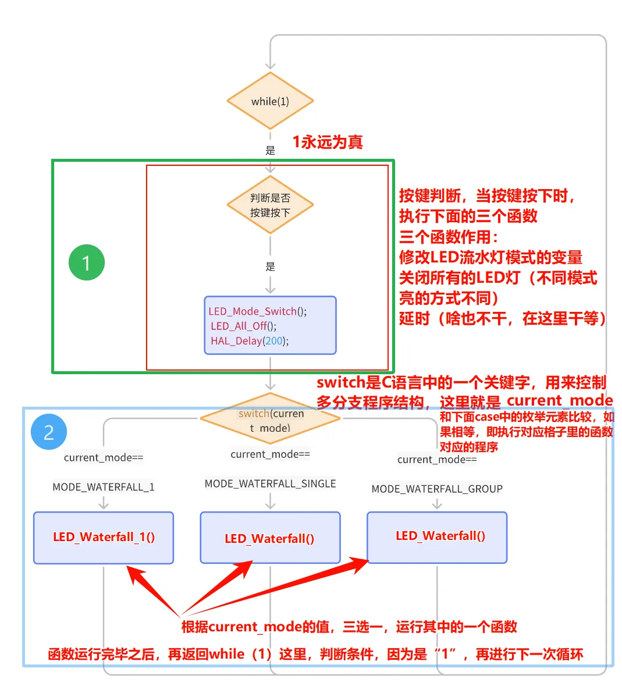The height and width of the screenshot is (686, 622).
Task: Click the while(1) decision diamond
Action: click(270, 101)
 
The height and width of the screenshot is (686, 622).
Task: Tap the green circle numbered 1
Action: click(87, 262)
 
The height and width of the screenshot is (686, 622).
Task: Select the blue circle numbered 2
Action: click(49, 432)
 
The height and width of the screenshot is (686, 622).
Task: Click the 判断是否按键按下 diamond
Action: click(270, 205)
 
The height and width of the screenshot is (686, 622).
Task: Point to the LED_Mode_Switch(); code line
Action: click(258, 311)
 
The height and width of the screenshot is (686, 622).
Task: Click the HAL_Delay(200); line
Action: click(250, 341)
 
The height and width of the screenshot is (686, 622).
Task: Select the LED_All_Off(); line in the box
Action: click(244, 326)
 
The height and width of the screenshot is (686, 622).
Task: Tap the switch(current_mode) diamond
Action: click(270, 420)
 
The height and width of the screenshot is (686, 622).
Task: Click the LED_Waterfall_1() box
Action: click(104, 537)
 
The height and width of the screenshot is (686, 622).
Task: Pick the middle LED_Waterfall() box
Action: click(270, 538)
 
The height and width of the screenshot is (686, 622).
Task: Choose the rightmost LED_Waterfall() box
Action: click(438, 536)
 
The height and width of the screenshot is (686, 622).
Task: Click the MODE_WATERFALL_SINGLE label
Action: click(270, 484)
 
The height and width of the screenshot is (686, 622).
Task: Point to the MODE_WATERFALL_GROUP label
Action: click(437, 489)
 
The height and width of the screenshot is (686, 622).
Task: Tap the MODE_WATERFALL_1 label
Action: click(104, 487)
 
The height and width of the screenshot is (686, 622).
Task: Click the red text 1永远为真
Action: click(327, 142)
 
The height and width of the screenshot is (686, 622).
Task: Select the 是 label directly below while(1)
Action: click(270, 150)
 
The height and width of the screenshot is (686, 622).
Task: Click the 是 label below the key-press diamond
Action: click(270, 266)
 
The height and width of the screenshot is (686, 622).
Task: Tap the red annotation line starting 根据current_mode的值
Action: click(349, 627)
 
